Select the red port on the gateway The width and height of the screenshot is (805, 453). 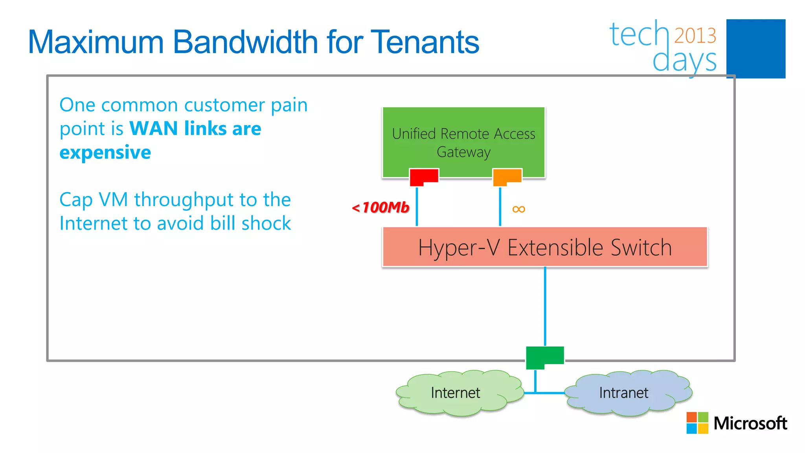(x=424, y=177)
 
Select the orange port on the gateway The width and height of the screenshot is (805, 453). (x=507, y=177)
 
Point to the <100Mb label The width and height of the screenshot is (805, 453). (x=380, y=207)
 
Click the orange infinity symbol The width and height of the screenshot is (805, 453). (x=519, y=209)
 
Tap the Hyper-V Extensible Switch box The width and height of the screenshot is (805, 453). (x=545, y=247)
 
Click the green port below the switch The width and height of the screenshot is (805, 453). (x=544, y=356)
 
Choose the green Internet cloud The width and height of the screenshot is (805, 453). (x=456, y=392)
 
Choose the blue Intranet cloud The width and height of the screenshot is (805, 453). (x=625, y=392)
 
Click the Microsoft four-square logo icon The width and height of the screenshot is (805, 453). (x=697, y=423)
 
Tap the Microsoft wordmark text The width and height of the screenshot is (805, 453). (x=750, y=423)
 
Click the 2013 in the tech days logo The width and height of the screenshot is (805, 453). (x=695, y=36)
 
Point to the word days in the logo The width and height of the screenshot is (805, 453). (x=684, y=61)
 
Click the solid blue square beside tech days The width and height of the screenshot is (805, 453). (x=755, y=48)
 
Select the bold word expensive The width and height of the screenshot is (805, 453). (x=105, y=152)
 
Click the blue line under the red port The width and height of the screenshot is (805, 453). (x=417, y=206)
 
